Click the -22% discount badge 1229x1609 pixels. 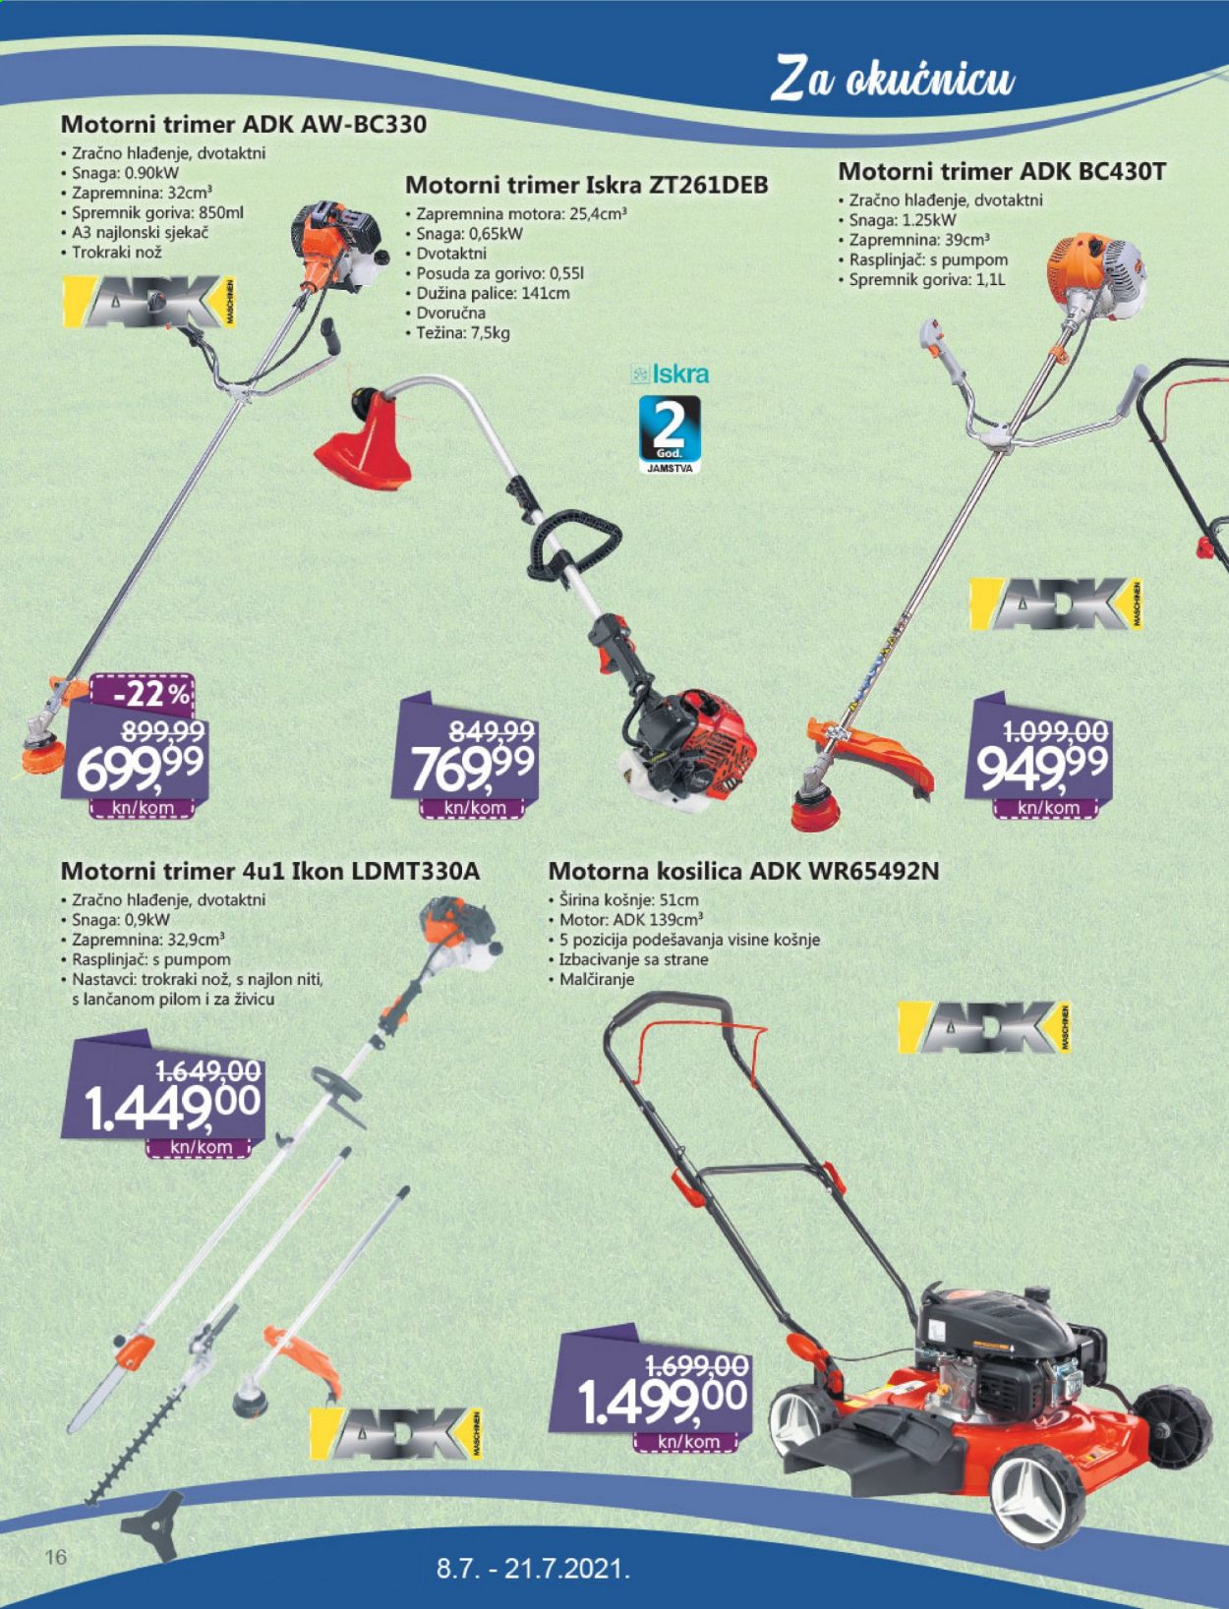click(142, 694)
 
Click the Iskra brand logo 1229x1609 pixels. click(671, 374)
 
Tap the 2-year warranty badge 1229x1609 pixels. click(670, 435)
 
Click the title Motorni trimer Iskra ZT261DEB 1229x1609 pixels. click(587, 185)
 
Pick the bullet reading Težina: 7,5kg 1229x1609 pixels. click(457, 333)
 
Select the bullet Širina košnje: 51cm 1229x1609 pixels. click(623, 899)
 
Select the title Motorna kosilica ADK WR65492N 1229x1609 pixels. click(743, 871)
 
